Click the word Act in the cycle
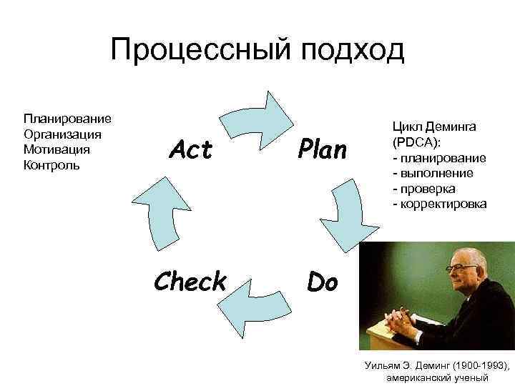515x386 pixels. click(x=190, y=150)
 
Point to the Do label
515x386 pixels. click(x=322, y=282)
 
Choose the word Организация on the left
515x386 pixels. click(x=62, y=134)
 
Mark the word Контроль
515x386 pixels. click(x=51, y=165)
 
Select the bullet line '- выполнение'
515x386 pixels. click(x=428, y=173)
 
